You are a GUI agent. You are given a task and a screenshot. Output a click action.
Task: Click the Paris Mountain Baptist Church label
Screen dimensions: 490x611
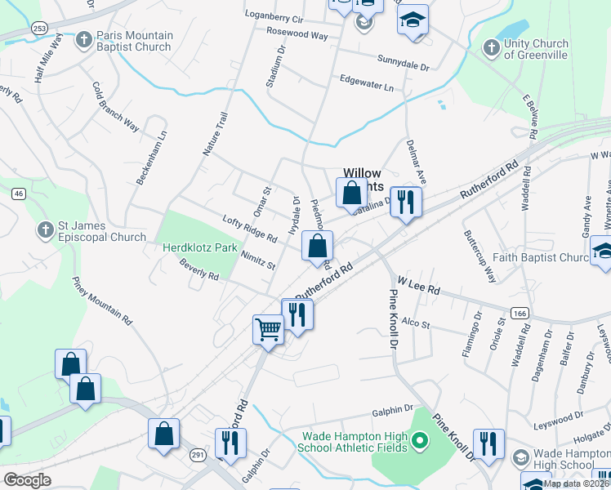pos(135,41)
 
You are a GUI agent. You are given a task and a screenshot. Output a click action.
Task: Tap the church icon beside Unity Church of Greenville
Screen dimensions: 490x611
pos(491,47)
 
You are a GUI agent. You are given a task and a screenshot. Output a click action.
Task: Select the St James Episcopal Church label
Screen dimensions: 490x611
pos(100,231)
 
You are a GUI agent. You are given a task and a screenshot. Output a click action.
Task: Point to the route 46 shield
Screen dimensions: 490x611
pos(18,194)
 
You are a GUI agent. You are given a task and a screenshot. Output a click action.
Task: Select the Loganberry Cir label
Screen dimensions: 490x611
pos(274,17)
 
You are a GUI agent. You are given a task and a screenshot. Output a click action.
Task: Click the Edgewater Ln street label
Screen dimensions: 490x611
pos(367,82)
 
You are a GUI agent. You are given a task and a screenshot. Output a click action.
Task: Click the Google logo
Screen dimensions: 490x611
pos(26,480)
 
